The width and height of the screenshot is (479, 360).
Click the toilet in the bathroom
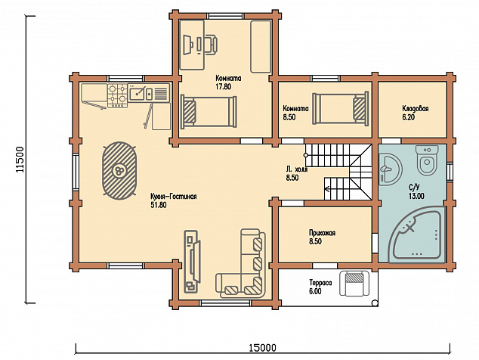pyautogui.click(x=427, y=160)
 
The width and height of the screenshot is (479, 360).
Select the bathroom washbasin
pyautogui.click(x=391, y=169)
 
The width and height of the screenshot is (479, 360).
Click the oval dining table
pyautogui.click(x=119, y=170)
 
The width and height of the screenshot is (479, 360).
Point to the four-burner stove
pyautogui.click(x=117, y=95)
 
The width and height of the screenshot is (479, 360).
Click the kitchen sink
pyautogui.click(x=141, y=93)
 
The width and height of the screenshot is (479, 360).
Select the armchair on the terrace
pyautogui.click(x=354, y=283)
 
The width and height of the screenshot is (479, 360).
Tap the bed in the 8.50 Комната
pyautogui.click(x=340, y=109)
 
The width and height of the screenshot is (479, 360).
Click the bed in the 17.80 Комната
pyautogui.click(x=209, y=112)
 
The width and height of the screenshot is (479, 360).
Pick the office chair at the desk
pyautogui.click(x=211, y=44)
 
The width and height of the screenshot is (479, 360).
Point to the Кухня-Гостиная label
pyautogui.click(x=174, y=197)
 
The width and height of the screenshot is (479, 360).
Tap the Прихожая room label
pyautogui.click(x=322, y=233)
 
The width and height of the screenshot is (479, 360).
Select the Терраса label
pyautogui.click(x=320, y=283)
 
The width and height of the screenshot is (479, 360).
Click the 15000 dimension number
pyautogui.click(x=262, y=348)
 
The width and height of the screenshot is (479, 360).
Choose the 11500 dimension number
pyautogui.click(x=20, y=160)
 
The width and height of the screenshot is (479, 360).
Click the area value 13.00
pyautogui.click(x=416, y=196)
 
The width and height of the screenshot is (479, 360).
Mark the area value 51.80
pyautogui.click(x=159, y=205)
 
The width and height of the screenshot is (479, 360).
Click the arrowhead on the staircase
pyautogui.click(x=327, y=188)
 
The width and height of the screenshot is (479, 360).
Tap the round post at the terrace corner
pyautogui.click(x=375, y=303)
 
